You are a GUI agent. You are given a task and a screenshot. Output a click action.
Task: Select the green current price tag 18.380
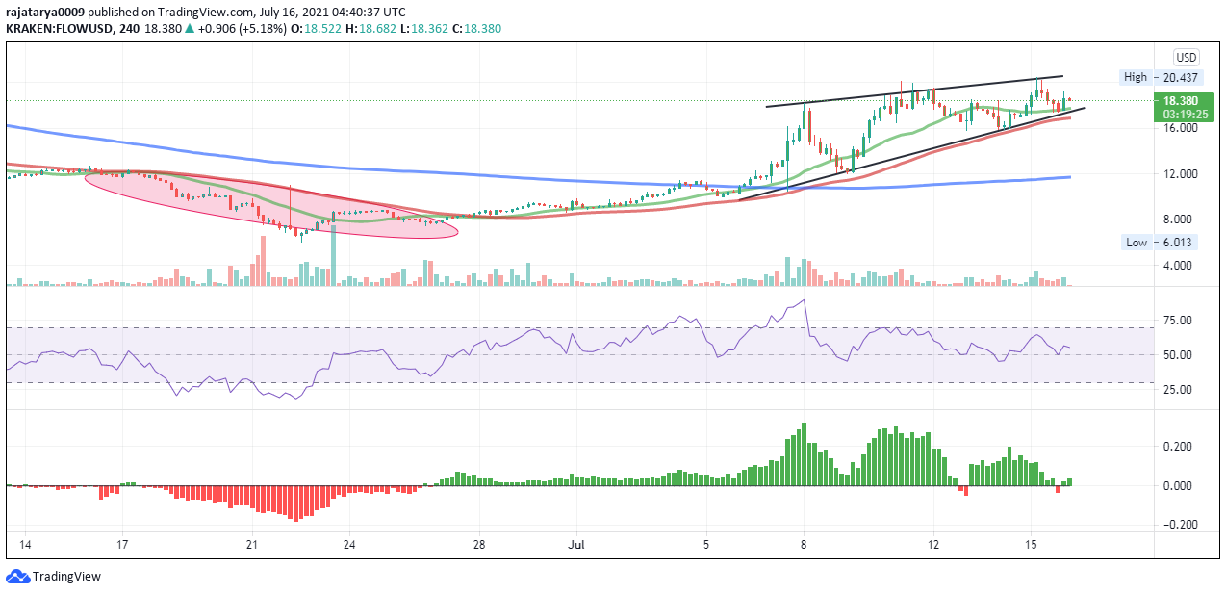point(1180,100)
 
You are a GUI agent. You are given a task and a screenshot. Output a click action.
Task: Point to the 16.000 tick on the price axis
point(1180,127)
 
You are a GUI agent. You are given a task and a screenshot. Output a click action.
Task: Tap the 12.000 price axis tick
point(1180,173)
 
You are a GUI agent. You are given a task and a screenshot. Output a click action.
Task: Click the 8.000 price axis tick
point(1180,220)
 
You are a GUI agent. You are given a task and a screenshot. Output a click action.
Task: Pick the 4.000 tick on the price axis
point(1180,266)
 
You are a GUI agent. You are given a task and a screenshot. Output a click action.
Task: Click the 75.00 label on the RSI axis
point(1179,320)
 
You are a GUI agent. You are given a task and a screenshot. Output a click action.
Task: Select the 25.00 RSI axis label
point(1179,390)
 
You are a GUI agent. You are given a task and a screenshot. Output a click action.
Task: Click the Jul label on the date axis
point(576,545)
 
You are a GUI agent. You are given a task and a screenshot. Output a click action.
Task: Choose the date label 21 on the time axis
point(252,545)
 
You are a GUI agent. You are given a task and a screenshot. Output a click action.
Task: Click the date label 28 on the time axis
point(479,545)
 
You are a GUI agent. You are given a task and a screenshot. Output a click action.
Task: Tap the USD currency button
point(1187,57)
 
